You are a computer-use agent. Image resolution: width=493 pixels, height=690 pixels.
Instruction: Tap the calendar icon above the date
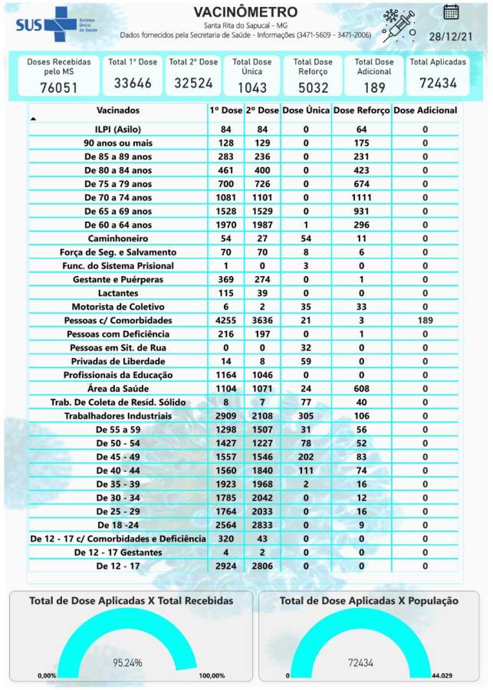(x=451, y=11)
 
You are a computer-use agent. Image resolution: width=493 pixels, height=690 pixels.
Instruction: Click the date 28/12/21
(x=451, y=36)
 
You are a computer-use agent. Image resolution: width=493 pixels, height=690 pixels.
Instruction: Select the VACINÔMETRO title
(x=245, y=12)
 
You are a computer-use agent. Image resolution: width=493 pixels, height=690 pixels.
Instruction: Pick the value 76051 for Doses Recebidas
(x=59, y=87)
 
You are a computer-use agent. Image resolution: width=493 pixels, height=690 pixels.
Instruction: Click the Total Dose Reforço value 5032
(x=313, y=87)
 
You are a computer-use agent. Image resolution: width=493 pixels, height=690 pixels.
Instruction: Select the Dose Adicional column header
(x=426, y=110)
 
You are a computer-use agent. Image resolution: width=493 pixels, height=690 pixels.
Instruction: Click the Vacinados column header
(x=118, y=110)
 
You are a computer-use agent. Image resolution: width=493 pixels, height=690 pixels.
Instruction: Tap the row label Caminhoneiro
(x=118, y=238)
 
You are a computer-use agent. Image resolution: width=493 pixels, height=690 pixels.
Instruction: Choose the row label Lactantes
(x=118, y=294)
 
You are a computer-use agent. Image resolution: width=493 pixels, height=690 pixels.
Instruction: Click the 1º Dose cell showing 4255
(x=225, y=320)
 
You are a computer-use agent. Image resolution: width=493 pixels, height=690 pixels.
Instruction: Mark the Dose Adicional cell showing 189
(x=426, y=320)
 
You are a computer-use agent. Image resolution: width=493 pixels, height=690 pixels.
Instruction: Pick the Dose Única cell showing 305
(x=306, y=416)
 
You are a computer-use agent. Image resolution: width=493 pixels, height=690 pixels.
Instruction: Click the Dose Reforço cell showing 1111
(x=362, y=198)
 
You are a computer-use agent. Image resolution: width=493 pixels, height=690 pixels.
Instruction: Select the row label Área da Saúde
(x=118, y=389)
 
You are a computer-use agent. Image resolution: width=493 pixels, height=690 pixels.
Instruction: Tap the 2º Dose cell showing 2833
(x=263, y=525)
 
